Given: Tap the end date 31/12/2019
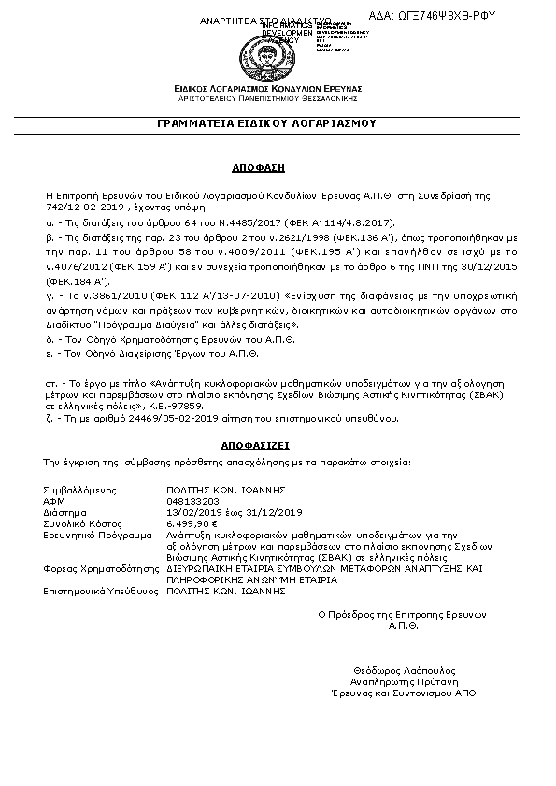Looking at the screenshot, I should click(x=278, y=512).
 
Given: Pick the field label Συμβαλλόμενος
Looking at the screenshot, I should click(x=78, y=490).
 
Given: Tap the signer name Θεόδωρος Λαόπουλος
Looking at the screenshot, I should click(x=404, y=671).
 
